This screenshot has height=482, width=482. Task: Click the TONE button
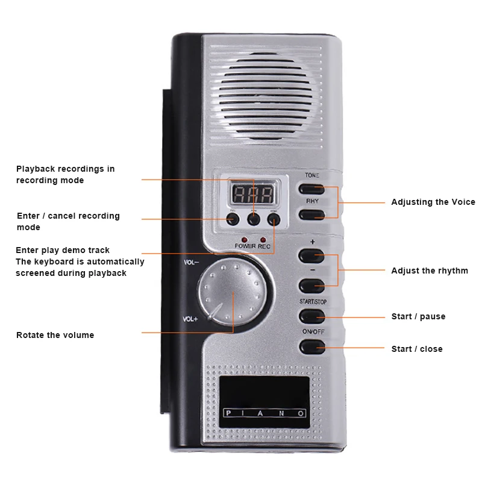pos(311,189)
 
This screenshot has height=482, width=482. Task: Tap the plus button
pos(311,256)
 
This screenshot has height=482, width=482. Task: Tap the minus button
pos(311,286)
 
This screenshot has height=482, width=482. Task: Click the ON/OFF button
pos(311,346)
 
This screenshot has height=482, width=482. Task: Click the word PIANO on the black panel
pos(264,413)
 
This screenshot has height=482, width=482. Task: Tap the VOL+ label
pos(190,319)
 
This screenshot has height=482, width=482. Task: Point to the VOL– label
pos(191,263)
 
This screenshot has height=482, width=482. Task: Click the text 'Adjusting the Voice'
pos(433,202)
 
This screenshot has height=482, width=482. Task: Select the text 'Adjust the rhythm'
pos(429,271)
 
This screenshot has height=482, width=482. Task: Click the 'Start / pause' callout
pos(418,316)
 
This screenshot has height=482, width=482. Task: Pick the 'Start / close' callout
pos(416,349)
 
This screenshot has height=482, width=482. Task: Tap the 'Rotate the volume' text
pos(55,335)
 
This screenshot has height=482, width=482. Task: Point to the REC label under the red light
pos(264,246)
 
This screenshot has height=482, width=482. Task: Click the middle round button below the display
pos(254,219)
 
